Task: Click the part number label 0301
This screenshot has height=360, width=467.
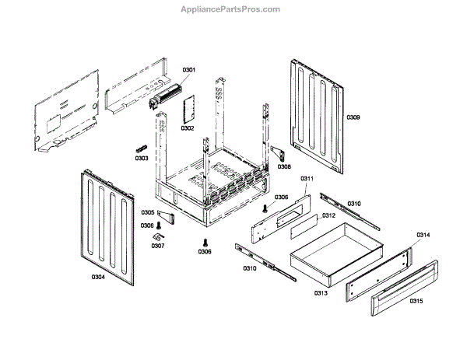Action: coord(189,70)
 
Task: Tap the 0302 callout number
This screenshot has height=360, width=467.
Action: coord(188,128)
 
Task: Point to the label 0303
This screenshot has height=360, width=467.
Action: coord(141,159)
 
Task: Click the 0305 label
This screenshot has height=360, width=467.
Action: coord(148,212)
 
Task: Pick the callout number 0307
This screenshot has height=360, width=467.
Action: coord(158,246)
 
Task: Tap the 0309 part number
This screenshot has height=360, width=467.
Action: coord(353,117)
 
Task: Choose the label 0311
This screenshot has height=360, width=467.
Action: coord(307,179)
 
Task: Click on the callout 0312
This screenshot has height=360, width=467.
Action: coord(328,215)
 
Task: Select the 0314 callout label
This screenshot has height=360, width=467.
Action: coord(423,234)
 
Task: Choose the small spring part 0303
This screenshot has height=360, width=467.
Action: coord(141,148)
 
